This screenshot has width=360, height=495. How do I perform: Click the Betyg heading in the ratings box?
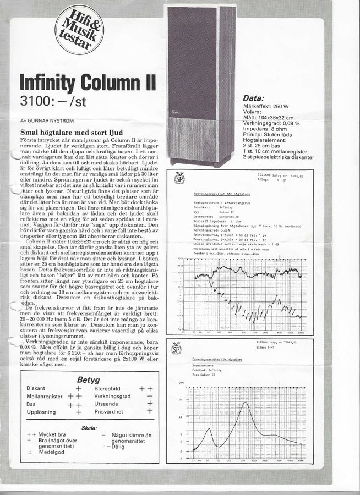tap(88, 379)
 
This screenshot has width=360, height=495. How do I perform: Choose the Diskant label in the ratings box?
tap(36, 388)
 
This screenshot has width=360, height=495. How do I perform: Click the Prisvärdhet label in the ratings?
tap(111, 411)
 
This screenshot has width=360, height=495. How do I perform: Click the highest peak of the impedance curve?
tap(242, 403)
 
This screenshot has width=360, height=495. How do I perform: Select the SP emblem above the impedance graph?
tap(176, 348)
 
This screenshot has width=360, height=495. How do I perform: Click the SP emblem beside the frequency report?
tap(179, 178)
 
